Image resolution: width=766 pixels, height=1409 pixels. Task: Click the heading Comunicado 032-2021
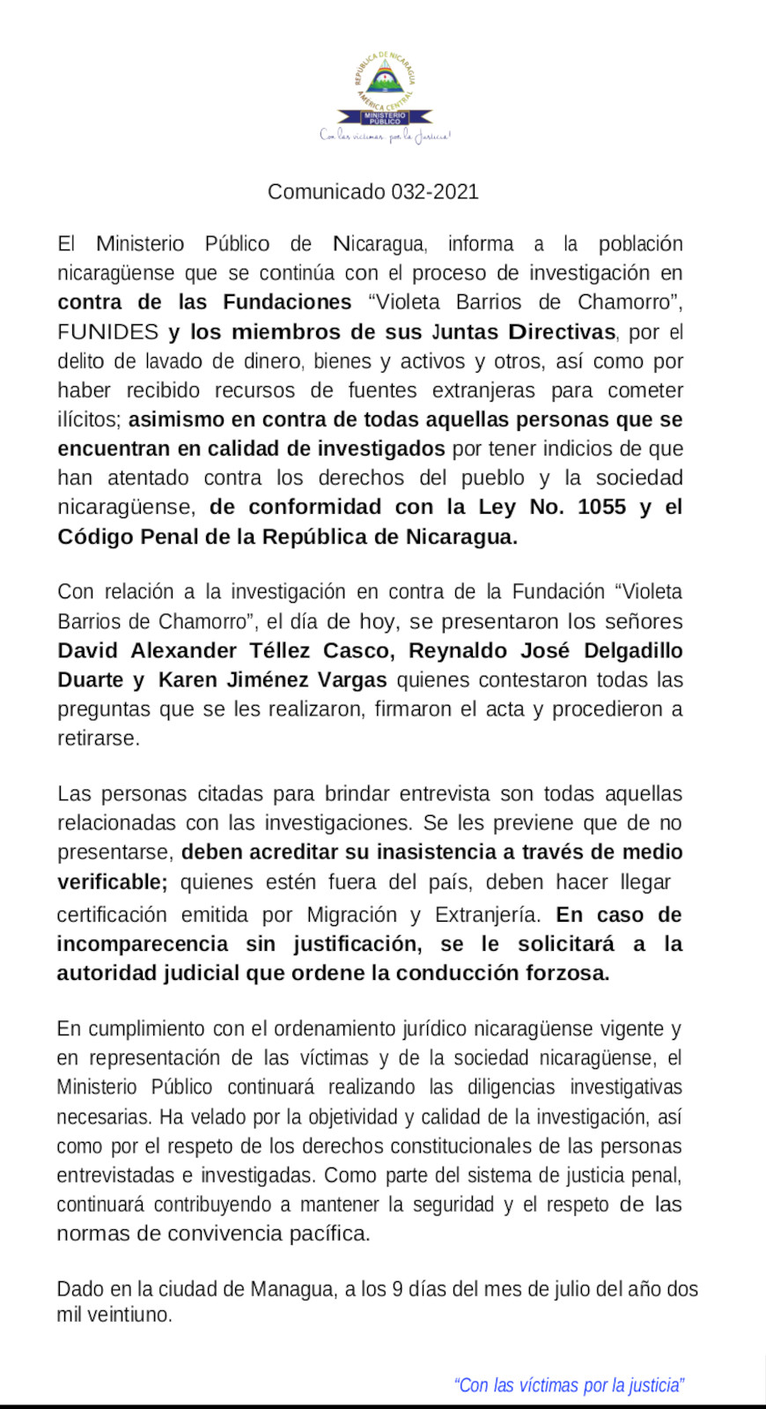point(372,191)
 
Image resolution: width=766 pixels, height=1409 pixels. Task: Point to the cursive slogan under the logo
point(385,137)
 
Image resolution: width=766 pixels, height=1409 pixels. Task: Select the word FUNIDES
point(107,332)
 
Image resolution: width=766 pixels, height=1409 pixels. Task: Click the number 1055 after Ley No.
point(601,507)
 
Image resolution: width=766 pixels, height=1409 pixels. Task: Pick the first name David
point(88,651)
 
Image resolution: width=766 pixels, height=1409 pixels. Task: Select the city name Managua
point(292,1289)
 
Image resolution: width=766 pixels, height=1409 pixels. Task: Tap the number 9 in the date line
point(398,1289)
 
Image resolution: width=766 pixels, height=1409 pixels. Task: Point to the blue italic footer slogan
point(569,1385)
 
